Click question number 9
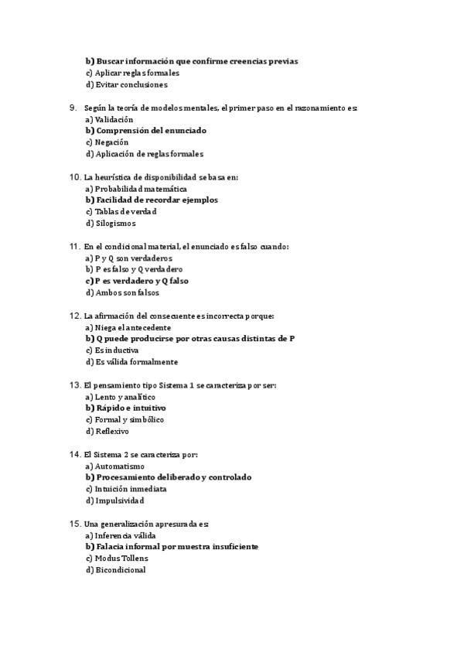pos(73,108)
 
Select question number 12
pos(75,316)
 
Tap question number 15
pos(75,524)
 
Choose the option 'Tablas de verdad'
pos(125,212)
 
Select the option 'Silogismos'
pos(115,224)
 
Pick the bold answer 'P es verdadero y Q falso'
pos(142,281)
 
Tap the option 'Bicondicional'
pos(120,570)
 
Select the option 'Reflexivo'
pos(112,431)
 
